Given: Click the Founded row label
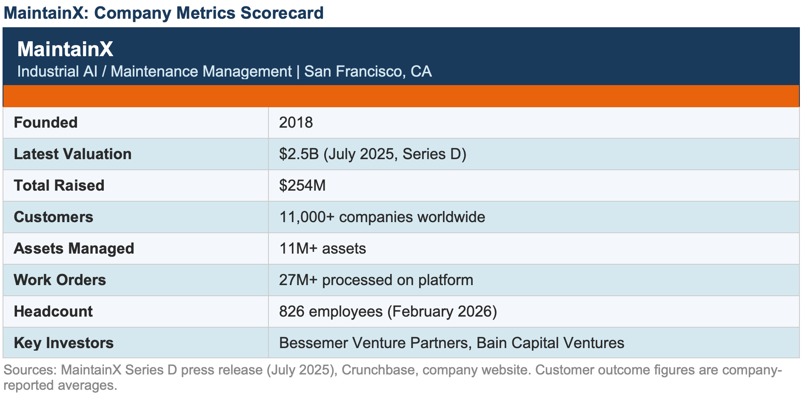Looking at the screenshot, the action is pyautogui.click(x=46, y=123).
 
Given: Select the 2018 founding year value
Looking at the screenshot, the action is pyautogui.click(x=296, y=123).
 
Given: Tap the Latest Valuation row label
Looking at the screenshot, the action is pyautogui.click(x=73, y=154).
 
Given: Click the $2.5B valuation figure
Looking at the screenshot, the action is pyautogui.click(x=299, y=154).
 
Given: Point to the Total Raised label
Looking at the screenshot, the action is pyautogui.click(x=59, y=186).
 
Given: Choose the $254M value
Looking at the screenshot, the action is pyautogui.click(x=303, y=186).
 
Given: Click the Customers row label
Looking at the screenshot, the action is pyautogui.click(x=54, y=217).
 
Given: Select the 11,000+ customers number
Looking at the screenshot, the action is pyautogui.click(x=307, y=217).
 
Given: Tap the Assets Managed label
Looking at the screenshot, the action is pyautogui.click(x=74, y=249).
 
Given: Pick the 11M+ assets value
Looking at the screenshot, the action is pyautogui.click(x=298, y=249).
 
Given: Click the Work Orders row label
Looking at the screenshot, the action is pyautogui.click(x=60, y=280).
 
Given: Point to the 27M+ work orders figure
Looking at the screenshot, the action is pyautogui.click(x=298, y=280).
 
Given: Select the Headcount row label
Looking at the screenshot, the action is pyautogui.click(x=53, y=311).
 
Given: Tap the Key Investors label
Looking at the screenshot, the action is pyautogui.click(x=64, y=343).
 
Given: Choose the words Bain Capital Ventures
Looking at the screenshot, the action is pyautogui.click(x=550, y=343).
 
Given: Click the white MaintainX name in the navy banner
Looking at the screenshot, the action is pyautogui.click(x=65, y=49).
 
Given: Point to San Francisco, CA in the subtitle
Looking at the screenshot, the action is pyautogui.click(x=368, y=71).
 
